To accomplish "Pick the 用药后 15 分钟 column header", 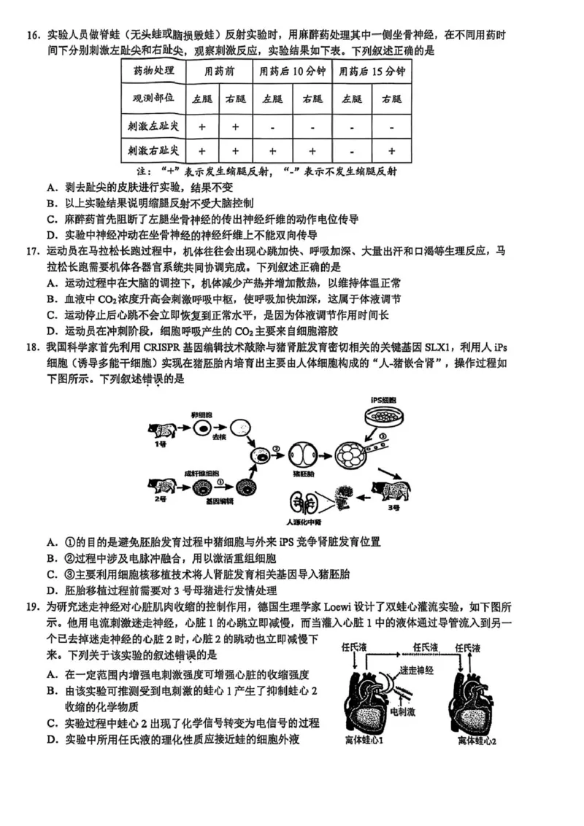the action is [372, 72].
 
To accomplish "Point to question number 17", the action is [32, 250].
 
